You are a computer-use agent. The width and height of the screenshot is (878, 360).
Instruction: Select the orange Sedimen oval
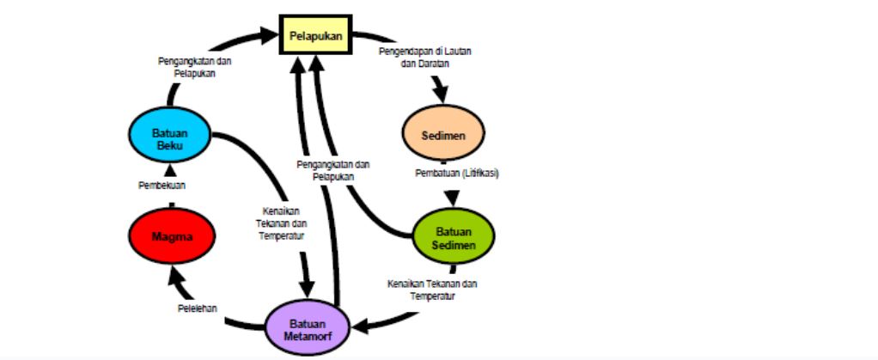tap(443, 137)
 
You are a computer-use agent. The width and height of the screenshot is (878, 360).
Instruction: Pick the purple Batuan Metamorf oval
tap(308, 327)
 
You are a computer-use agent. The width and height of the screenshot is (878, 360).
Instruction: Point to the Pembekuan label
tap(162, 185)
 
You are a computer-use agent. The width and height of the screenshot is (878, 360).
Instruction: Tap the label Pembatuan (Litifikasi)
tap(457, 173)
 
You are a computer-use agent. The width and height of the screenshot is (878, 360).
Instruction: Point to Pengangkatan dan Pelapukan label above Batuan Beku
tap(195, 67)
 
